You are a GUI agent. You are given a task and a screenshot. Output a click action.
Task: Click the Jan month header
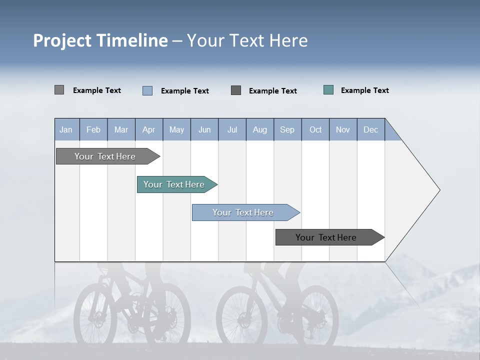click(x=66, y=129)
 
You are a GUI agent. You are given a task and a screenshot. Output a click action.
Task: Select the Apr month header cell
click(x=148, y=129)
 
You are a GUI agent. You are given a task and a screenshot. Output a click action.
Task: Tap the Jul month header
click(x=232, y=129)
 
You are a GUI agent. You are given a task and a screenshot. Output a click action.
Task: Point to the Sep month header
click(x=287, y=129)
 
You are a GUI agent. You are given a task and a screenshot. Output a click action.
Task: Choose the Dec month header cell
click(x=370, y=129)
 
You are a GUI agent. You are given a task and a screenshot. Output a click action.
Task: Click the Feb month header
click(x=93, y=129)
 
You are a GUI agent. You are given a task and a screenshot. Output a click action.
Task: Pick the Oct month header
click(x=315, y=129)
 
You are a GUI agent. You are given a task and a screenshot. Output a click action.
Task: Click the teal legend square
click(x=328, y=90)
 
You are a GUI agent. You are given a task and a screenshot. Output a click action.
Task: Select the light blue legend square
click(x=147, y=90)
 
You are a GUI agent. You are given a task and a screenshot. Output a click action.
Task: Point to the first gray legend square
click(x=59, y=90)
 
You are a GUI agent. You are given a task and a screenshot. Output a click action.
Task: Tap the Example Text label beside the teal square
click(x=364, y=90)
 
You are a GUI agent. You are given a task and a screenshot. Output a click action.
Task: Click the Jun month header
click(x=204, y=129)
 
